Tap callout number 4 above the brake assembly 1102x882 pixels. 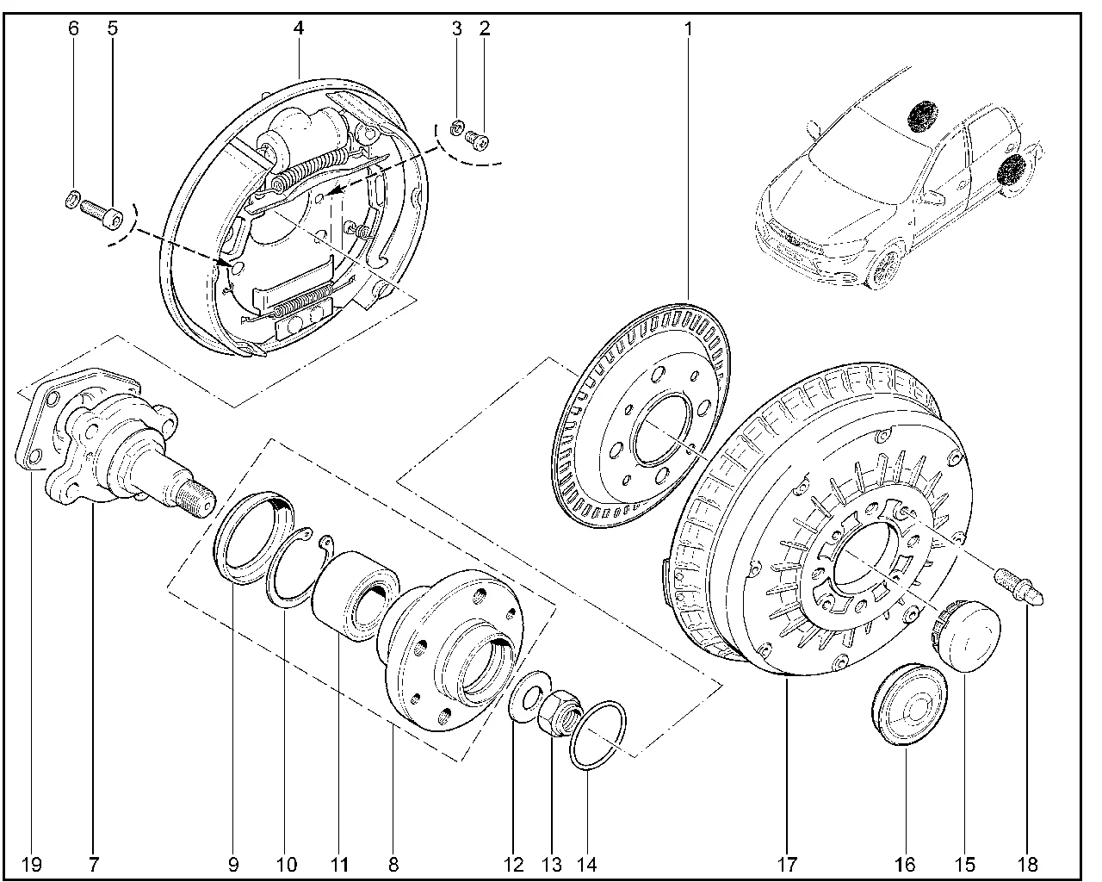pos(298,28)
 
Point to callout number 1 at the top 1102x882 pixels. pos(688,28)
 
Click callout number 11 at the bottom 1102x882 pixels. pos(337,864)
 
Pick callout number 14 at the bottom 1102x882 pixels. pos(588,864)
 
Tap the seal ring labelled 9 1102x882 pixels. pos(254,534)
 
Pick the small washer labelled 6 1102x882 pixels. pos(73,202)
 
